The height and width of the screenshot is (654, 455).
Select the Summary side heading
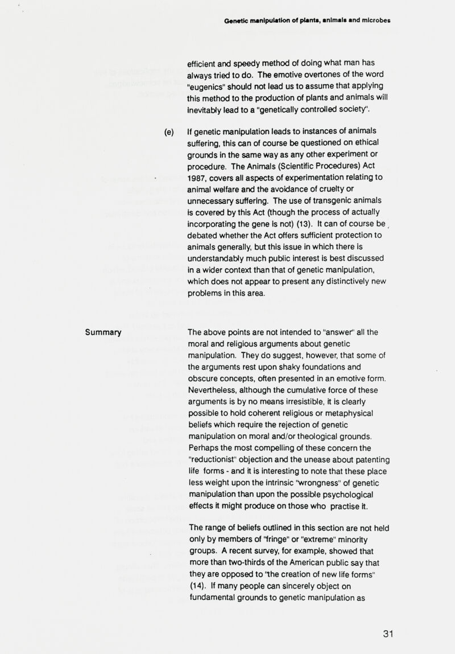click(104, 332)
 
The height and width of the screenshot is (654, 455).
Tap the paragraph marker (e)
click(169, 131)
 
